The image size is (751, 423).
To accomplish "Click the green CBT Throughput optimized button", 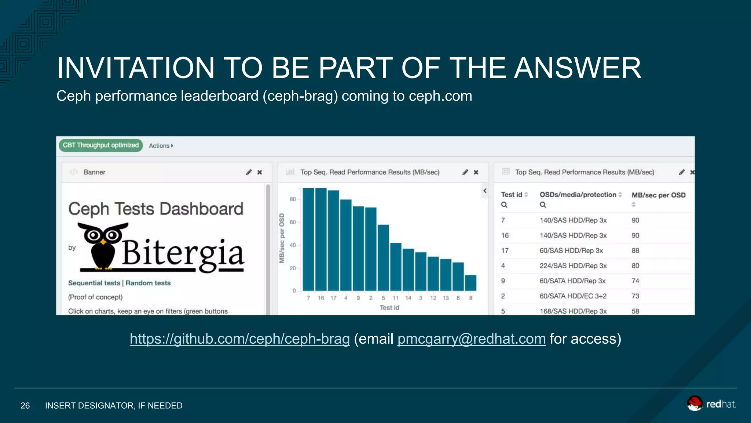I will tap(100, 145).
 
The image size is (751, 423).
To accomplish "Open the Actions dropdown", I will tap(161, 146).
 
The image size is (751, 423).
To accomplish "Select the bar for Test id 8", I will tap(470, 283).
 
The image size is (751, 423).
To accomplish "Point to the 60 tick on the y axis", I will tap(293, 222).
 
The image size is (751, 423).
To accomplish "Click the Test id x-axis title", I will tap(389, 308).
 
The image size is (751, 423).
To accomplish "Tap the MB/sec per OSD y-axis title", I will tap(282, 238).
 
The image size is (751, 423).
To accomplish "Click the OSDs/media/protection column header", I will tap(578, 195).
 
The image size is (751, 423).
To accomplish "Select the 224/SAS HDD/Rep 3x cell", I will tap(573, 265).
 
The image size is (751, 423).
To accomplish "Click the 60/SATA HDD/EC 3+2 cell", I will tap(573, 296).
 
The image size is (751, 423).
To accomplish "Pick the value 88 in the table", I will tap(635, 250).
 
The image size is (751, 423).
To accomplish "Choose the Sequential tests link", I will tap(94, 283).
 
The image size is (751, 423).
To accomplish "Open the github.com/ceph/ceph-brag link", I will tap(240, 339).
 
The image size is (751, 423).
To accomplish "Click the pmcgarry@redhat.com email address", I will tap(472, 339).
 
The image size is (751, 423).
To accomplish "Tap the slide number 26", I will tap(25, 406).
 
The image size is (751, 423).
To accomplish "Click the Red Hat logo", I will tap(711, 404).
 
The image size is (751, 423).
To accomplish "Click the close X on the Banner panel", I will tap(260, 172).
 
